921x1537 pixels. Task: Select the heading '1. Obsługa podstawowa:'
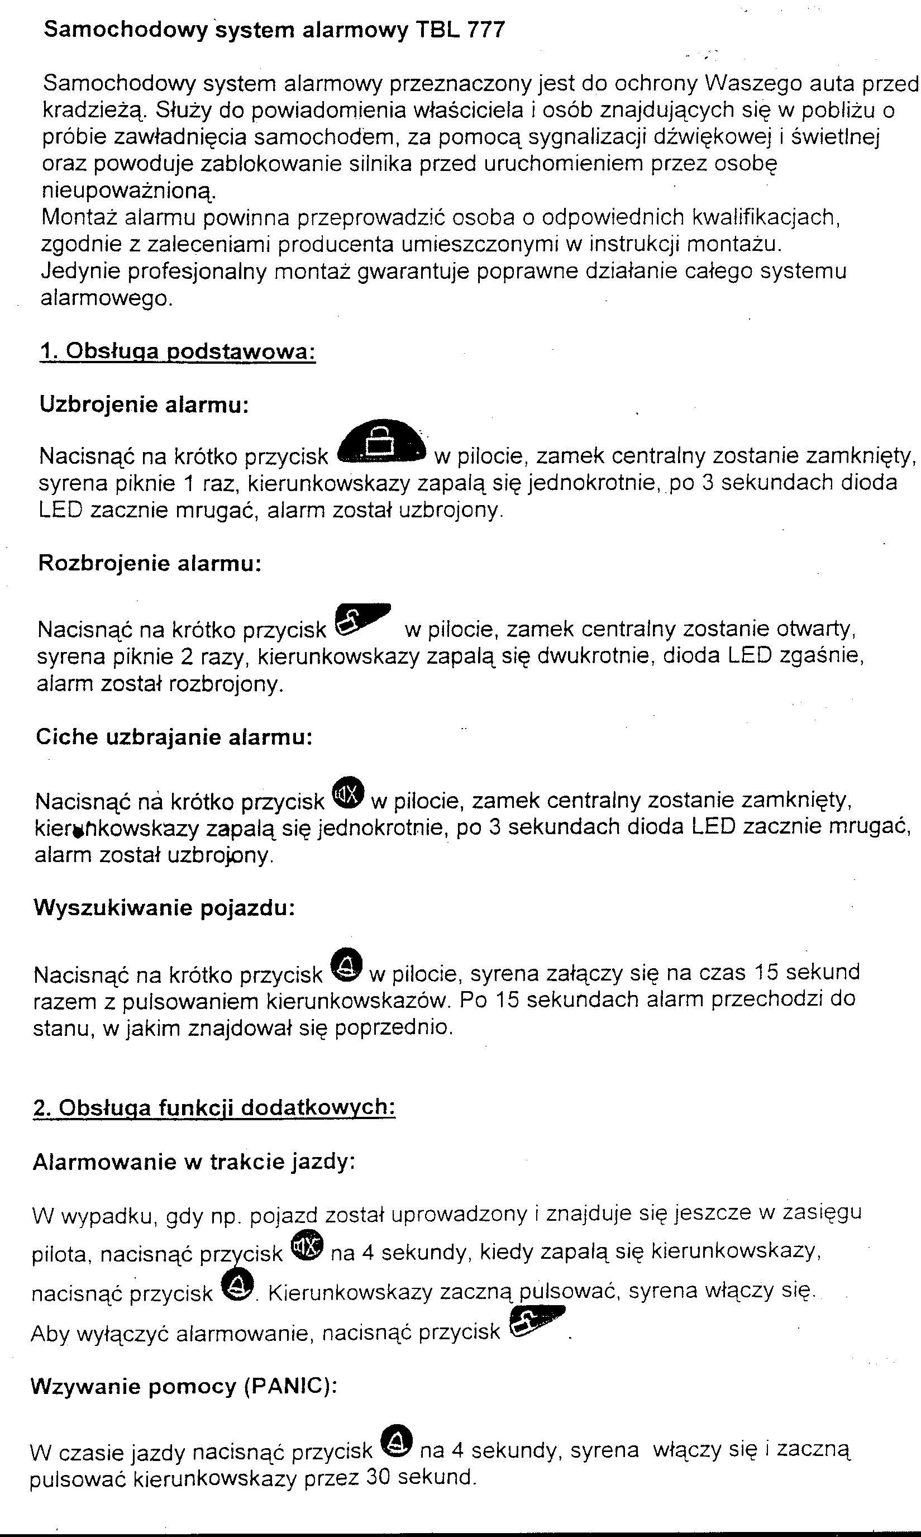[178, 351]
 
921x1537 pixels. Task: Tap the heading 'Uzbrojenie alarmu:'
[144, 404]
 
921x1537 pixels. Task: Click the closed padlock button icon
[381, 443]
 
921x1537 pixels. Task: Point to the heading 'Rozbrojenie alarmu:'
[150, 563]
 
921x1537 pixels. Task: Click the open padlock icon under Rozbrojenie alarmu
[361, 619]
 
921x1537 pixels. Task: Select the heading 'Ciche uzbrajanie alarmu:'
[174, 737]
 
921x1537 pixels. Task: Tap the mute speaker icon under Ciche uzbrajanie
[347, 793]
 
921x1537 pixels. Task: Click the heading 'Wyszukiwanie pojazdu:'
[164, 907]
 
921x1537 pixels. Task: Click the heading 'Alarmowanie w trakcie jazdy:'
[194, 1162]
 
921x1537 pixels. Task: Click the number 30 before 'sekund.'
[378, 1476]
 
